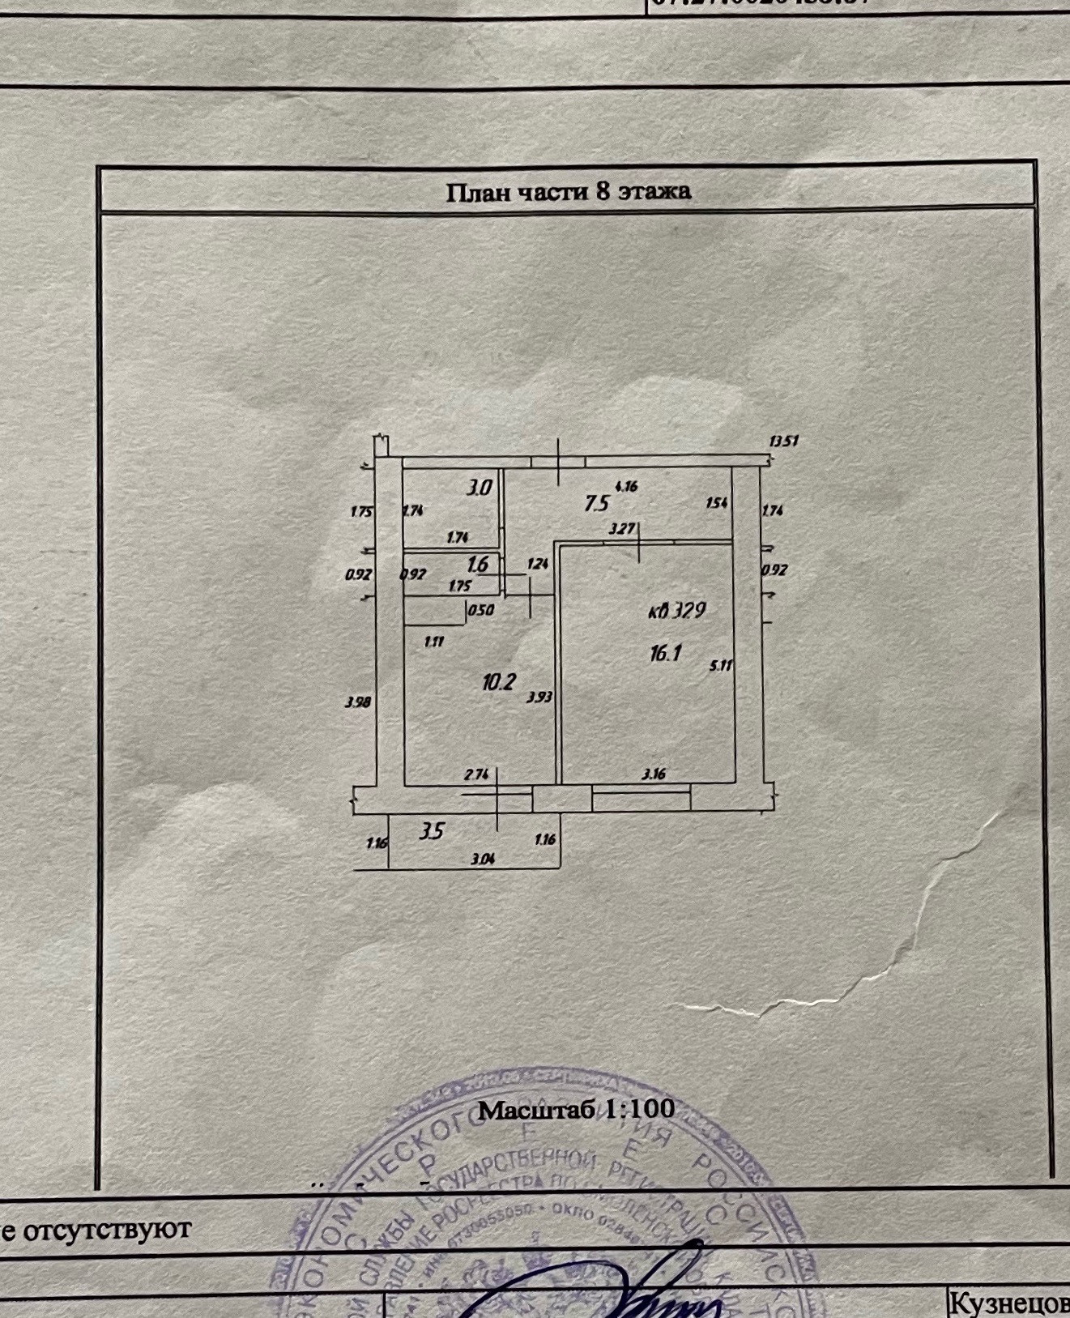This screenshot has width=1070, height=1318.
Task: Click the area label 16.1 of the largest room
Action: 665,653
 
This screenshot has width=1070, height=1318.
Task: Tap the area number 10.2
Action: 499,682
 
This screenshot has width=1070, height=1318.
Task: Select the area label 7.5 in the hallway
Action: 597,504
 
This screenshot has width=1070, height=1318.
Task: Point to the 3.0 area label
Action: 480,488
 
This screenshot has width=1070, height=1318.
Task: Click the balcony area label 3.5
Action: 433,831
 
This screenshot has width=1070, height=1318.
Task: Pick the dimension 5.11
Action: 720,666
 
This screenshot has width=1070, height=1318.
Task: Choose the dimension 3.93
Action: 539,696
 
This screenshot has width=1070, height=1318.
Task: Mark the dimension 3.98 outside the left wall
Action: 357,702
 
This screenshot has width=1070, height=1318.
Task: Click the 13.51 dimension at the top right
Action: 784,441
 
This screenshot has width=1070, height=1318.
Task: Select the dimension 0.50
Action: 481,611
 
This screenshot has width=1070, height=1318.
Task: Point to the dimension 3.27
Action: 621,529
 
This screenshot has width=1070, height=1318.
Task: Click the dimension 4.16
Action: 627,487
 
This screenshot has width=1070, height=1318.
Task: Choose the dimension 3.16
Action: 654,774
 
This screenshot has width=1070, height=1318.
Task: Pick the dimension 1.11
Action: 435,641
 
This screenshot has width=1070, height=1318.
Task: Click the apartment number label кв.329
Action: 677,611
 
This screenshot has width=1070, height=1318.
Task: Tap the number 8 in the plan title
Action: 601,192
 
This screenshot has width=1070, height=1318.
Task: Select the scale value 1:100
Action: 640,1109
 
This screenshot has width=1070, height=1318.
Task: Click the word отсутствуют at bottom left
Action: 108,1229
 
